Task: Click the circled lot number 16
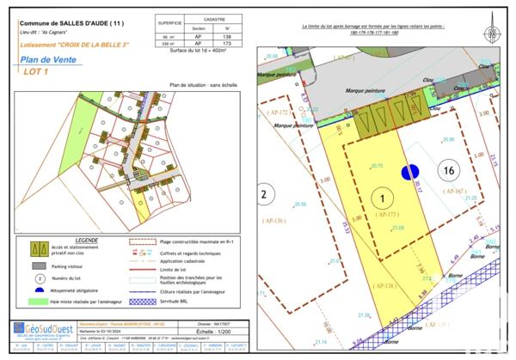[x=447, y=170]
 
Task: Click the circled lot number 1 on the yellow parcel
[x=379, y=199]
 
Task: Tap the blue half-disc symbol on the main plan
[x=410, y=172]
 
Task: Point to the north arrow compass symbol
[x=492, y=35]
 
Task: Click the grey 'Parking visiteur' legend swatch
[x=38, y=267]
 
